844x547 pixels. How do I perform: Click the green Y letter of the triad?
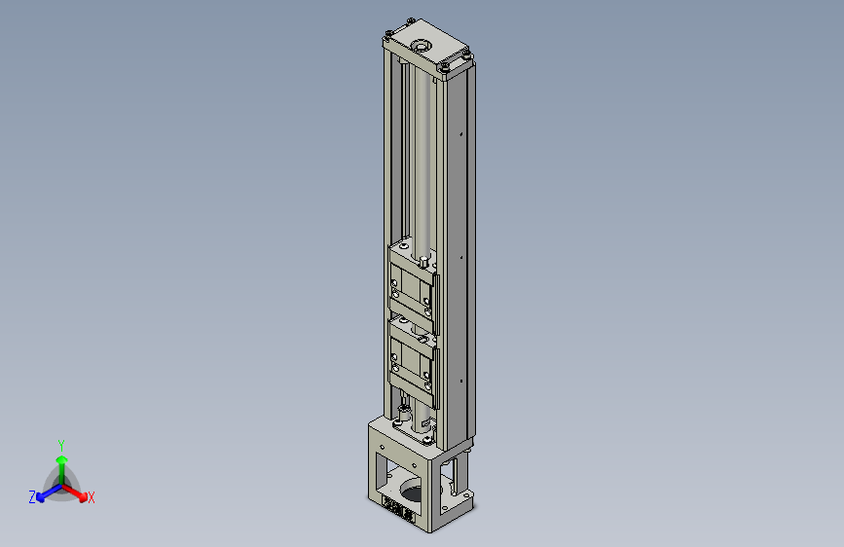click(x=61, y=443)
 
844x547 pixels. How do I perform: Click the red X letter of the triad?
click(x=92, y=498)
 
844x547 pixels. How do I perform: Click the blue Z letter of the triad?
click(x=32, y=497)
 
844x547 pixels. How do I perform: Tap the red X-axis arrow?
click(x=78, y=492)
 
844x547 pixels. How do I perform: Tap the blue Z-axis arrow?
click(x=45, y=493)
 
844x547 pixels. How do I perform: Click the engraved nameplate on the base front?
click(x=398, y=508)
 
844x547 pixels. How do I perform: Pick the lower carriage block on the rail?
click(x=413, y=359)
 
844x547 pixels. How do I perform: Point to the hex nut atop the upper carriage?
click(x=424, y=261)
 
